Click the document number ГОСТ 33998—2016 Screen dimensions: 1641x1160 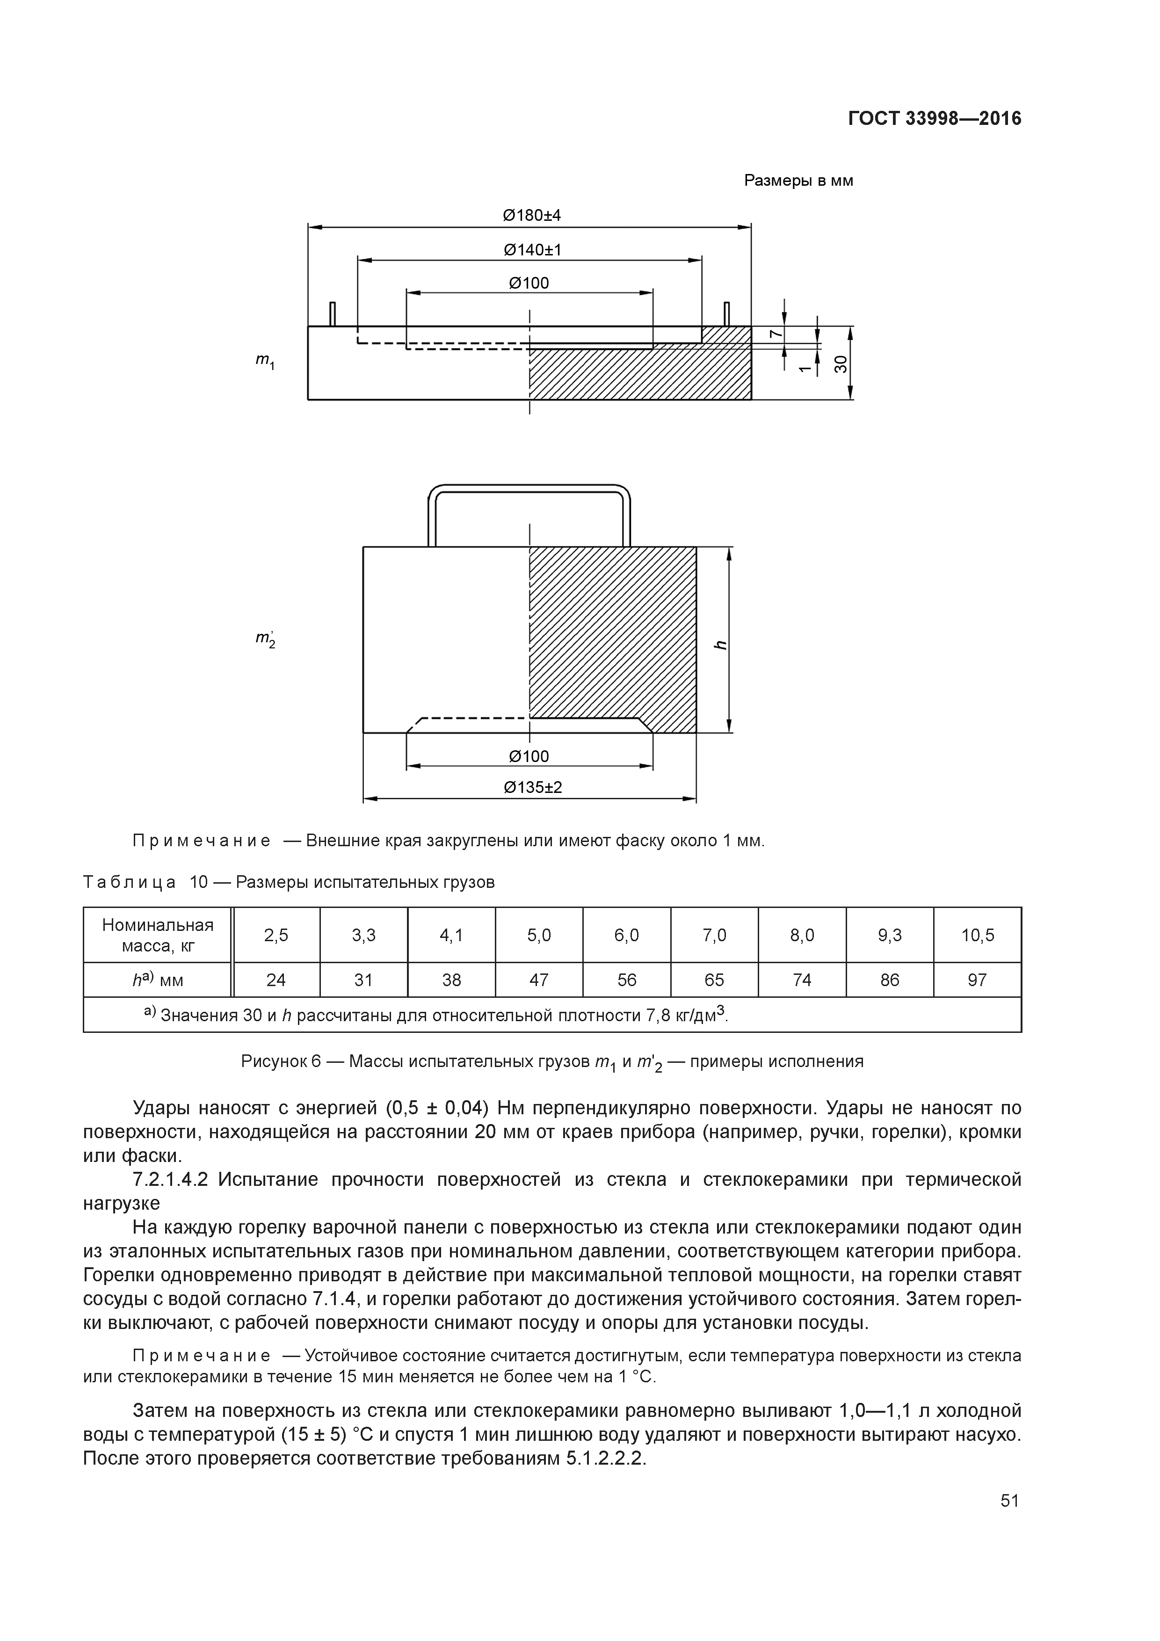click(934, 119)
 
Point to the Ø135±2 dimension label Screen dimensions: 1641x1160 click(532, 788)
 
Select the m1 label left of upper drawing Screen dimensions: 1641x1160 click(265, 363)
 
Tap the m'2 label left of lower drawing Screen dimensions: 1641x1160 click(266, 638)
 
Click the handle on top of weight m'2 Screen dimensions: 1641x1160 click(529, 489)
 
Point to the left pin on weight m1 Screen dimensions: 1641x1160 click(333, 314)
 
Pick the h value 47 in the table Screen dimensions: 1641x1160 click(539, 980)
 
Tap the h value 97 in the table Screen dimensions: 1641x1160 click(977, 980)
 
